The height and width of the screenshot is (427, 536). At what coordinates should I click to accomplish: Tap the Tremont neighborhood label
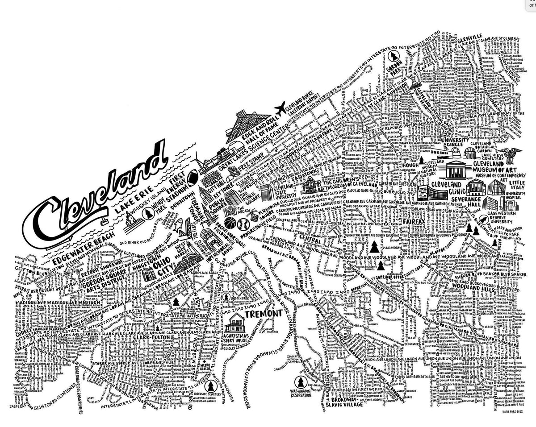click(267, 313)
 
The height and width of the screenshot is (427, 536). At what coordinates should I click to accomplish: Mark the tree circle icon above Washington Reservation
click(301, 381)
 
